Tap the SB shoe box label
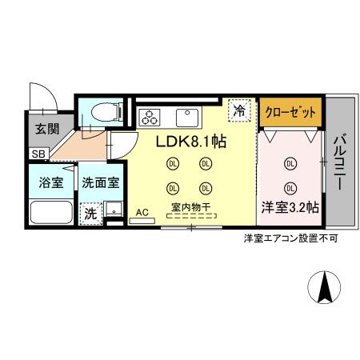[38, 154]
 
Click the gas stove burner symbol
[150, 118]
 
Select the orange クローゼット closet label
[290, 112]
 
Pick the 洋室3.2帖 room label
[290, 206]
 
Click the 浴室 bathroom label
[50, 182]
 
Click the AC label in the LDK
[142, 212]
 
